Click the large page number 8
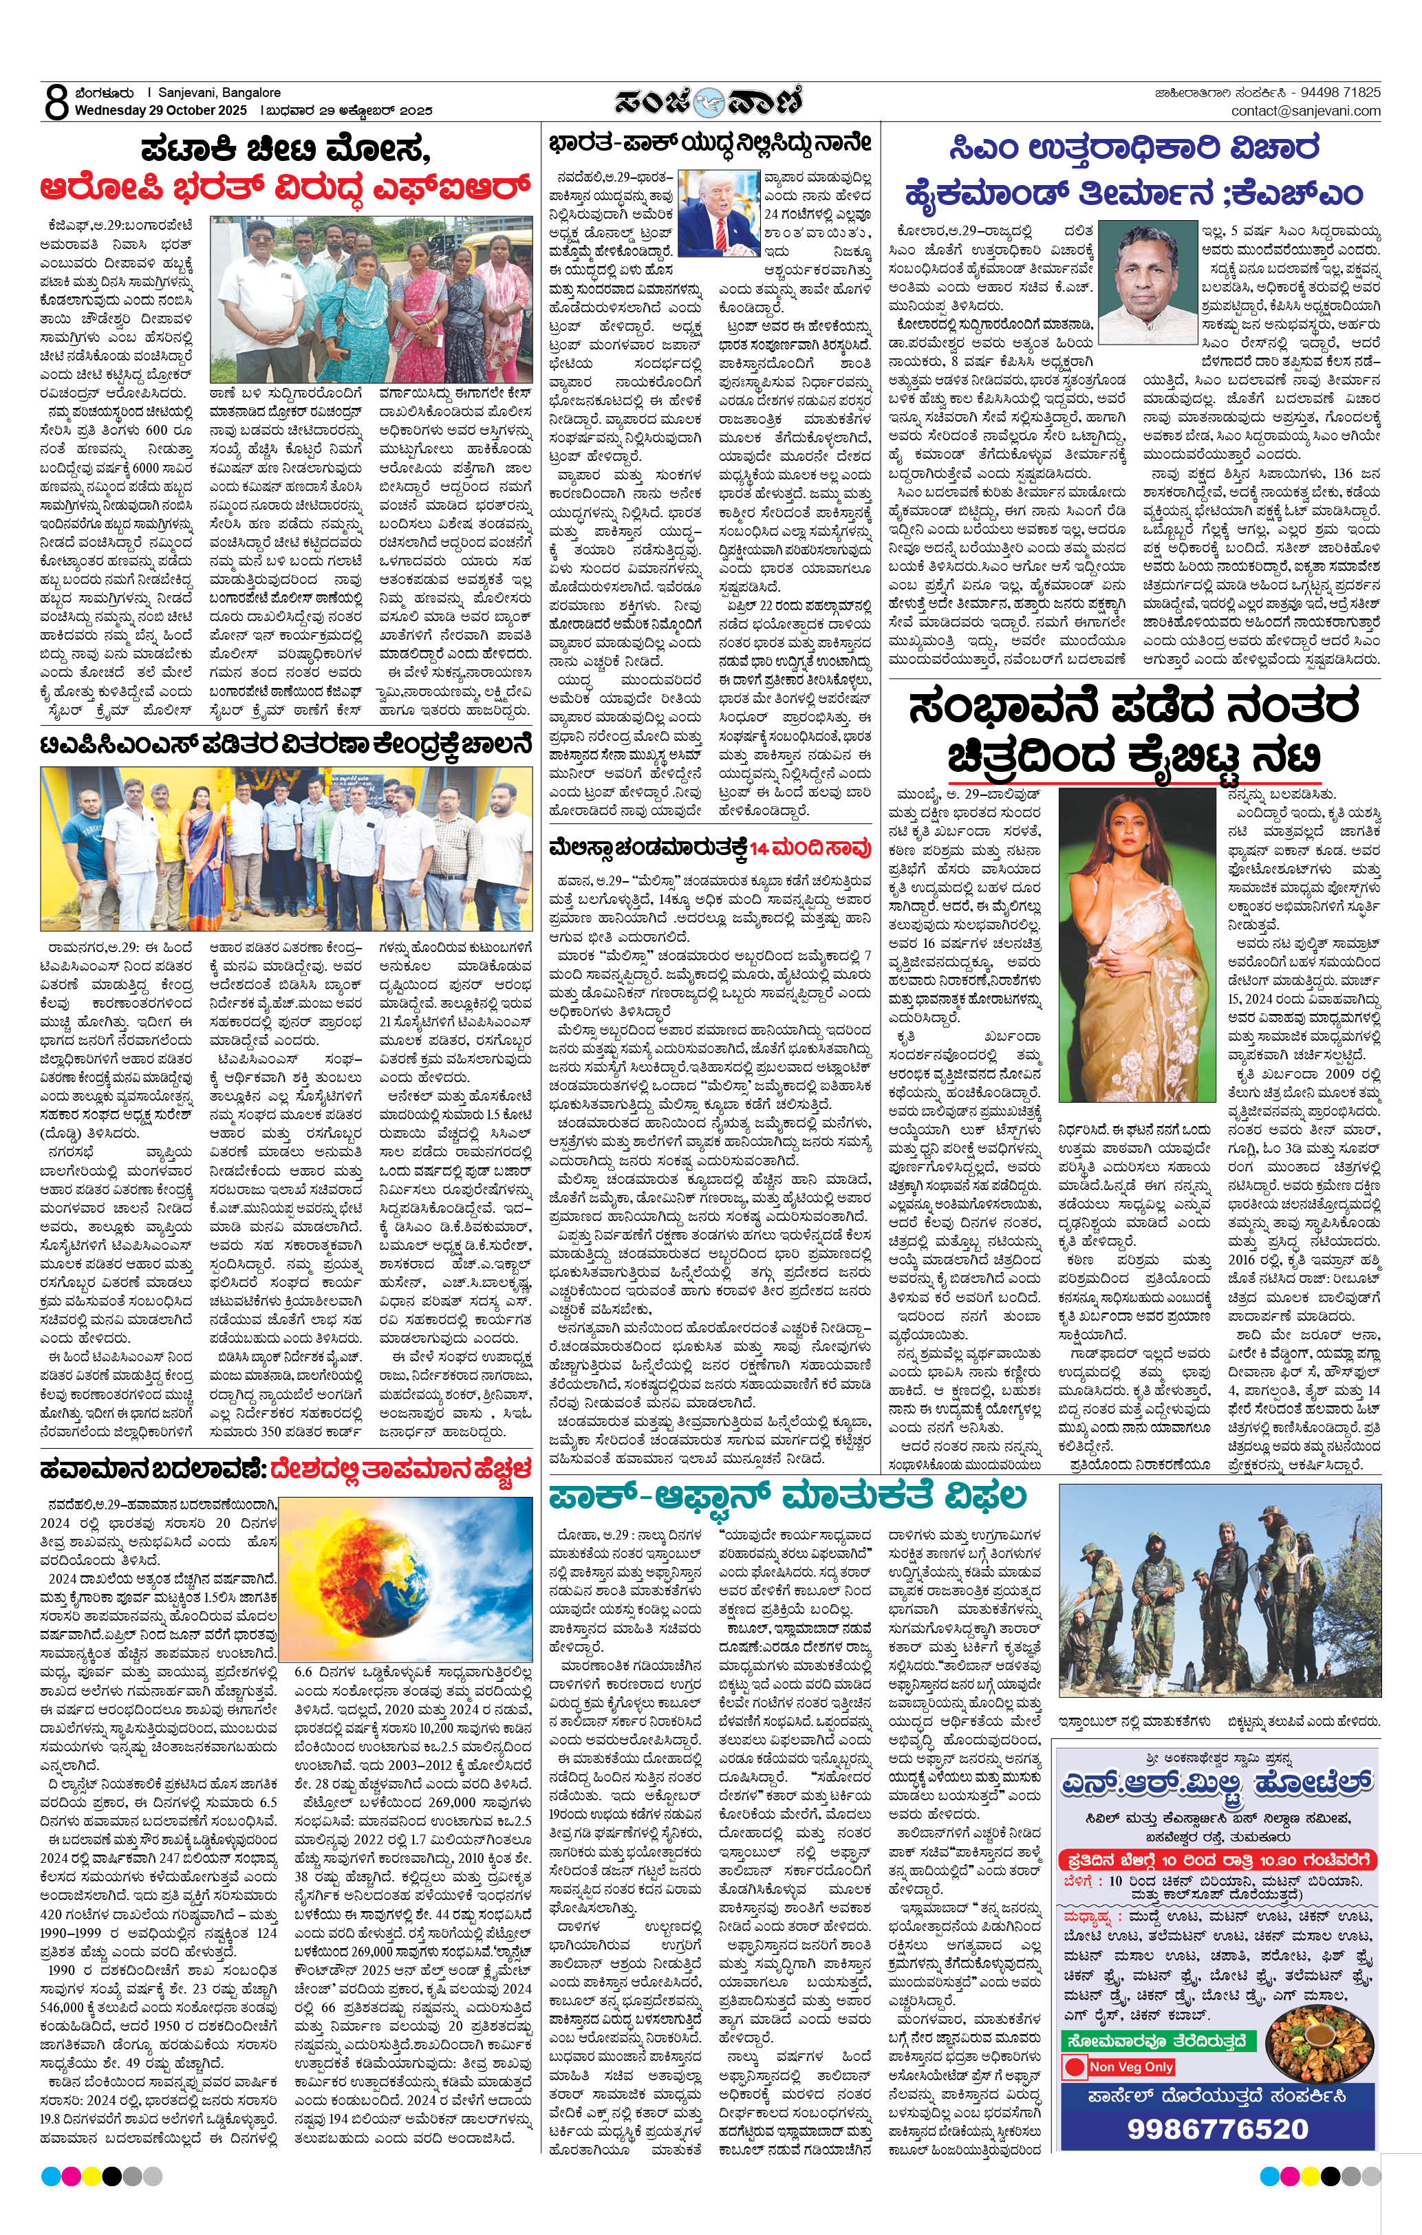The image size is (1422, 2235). [56, 102]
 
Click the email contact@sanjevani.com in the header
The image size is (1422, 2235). [1305, 111]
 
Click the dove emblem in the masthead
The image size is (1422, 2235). [711, 101]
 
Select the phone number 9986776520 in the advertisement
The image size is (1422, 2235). [1217, 2128]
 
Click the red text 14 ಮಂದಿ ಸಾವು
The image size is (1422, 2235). [810, 847]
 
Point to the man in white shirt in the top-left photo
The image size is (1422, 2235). [260, 297]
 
